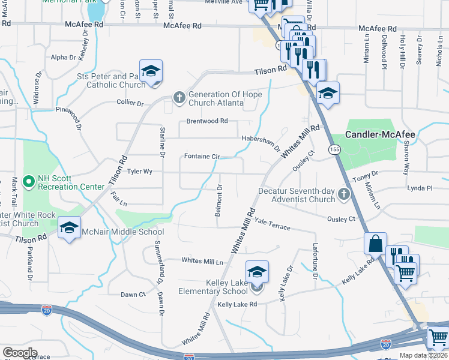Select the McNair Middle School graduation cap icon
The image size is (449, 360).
coord(70,227)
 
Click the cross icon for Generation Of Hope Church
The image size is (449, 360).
coord(179,97)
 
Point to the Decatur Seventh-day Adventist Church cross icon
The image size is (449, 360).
coord(343,193)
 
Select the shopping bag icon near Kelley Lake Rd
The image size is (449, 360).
coord(375,244)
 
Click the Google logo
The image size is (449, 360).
coord(20,352)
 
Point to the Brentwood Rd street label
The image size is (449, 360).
coord(207,121)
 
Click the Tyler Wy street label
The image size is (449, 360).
coord(140,172)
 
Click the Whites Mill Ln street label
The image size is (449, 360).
coord(202,261)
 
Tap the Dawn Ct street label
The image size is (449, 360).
coord(133,295)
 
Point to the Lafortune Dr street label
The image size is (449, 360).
coord(314,262)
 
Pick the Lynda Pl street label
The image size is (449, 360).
coord(420,188)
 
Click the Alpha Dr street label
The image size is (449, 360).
coord(64,58)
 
